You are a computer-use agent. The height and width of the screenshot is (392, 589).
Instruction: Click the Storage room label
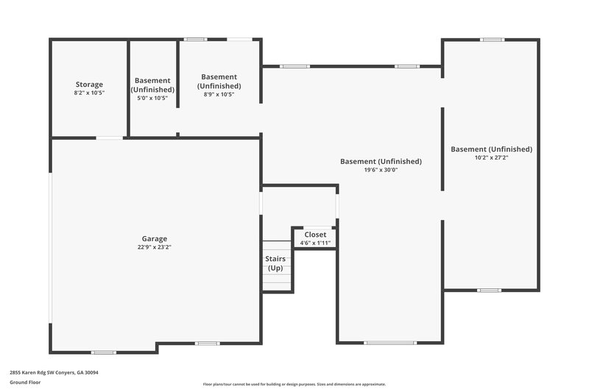[x=89, y=85]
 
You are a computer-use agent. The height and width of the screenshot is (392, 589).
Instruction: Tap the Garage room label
[x=155, y=238]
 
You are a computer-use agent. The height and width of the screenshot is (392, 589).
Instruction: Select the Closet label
[x=315, y=235]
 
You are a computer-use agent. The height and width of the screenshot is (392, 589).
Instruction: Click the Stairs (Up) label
[x=275, y=263]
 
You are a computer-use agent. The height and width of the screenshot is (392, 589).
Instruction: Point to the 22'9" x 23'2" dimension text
[x=155, y=247]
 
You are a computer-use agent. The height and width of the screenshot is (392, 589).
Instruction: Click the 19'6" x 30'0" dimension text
[x=381, y=170]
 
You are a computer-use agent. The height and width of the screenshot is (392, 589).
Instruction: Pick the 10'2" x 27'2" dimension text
[x=491, y=157]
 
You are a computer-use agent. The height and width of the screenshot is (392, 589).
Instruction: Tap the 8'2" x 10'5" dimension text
[x=89, y=93]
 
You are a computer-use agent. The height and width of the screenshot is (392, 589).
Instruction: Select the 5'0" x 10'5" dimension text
[x=152, y=98]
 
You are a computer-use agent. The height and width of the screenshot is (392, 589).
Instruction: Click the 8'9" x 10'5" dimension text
[x=219, y=94]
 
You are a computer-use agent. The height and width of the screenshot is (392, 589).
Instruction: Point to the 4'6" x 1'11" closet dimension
[x=315, y=243]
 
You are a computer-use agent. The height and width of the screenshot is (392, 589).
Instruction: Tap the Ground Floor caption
[x=25, y=382]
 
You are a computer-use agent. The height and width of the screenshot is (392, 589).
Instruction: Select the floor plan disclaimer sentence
[x=294, y=384]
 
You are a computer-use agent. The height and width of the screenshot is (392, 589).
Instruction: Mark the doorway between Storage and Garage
[x=110, y=138]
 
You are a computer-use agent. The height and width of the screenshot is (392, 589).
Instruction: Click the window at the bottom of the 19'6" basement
[x=390, y=343]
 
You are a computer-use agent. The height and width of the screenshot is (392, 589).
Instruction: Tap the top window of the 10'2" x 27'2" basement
[x=493, y=39]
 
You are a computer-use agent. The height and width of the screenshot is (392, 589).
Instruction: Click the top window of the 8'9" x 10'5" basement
[x=195, y=39]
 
